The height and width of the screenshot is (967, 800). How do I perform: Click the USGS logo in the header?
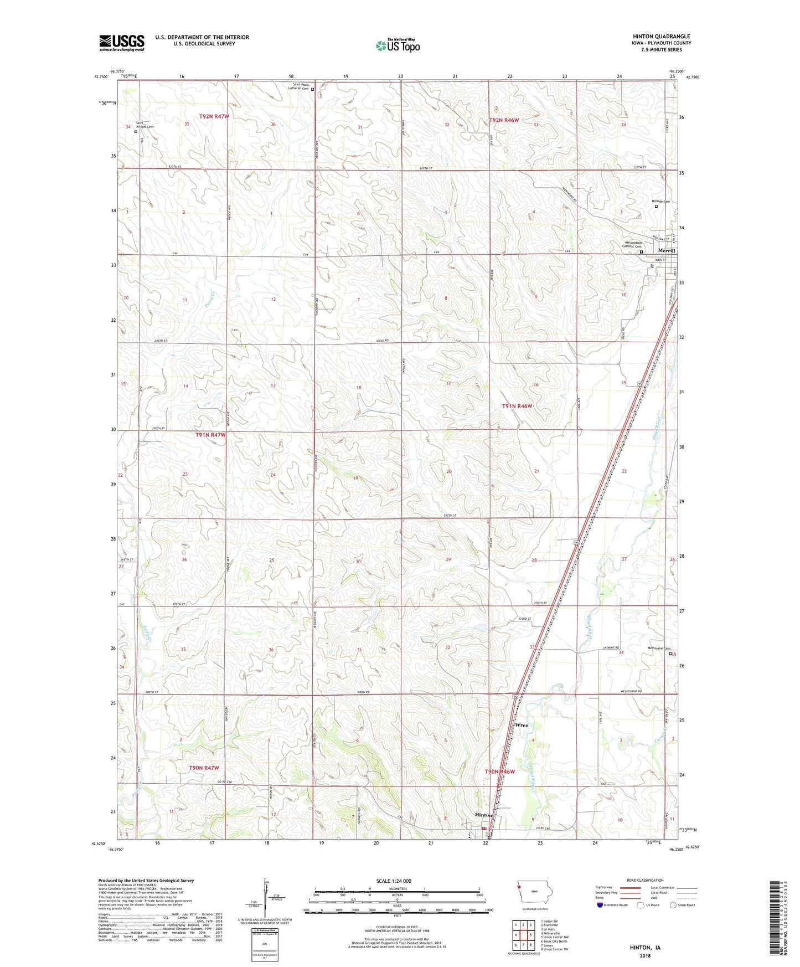[122, 43]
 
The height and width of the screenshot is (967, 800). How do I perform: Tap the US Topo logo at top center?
[398, 45]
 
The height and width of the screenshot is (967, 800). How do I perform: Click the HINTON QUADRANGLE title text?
[661, 37]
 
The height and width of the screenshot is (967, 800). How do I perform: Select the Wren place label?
[522, 725]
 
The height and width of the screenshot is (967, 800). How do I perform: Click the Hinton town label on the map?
[483, 815]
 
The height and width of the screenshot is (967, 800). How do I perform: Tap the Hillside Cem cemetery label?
[660, 202]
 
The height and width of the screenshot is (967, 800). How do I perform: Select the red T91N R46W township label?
[517, 406]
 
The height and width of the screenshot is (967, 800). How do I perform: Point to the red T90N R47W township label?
[204, 768]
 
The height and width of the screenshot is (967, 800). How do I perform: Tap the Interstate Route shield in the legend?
[601, 906]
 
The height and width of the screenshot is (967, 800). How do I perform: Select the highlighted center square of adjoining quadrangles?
[523, 935]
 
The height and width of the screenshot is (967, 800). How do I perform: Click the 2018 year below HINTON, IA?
[645, 956]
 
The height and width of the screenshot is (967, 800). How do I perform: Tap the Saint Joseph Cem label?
[142, 125]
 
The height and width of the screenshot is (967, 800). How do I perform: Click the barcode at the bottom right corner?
[775, 919]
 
